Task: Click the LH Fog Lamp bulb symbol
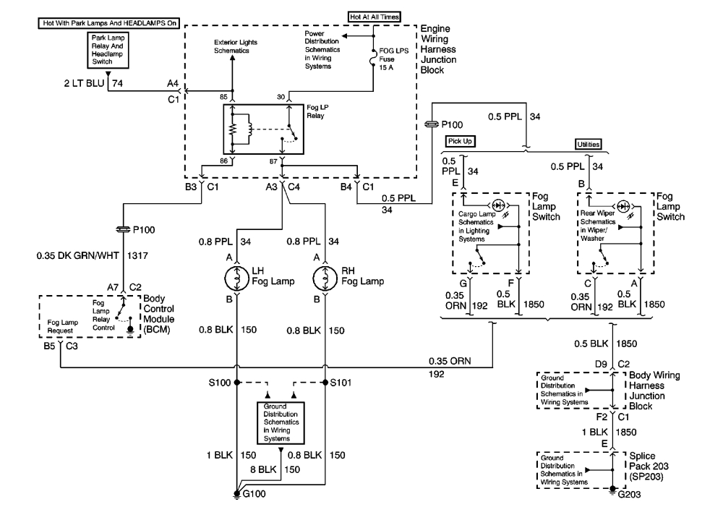click(x=237, y=278)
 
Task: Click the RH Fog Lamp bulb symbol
click(x=325, y=278)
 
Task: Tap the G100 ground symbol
click(x=237, y=494)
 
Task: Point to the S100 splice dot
click(x=237, y=382)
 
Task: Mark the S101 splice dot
click(x=325, y=382)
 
